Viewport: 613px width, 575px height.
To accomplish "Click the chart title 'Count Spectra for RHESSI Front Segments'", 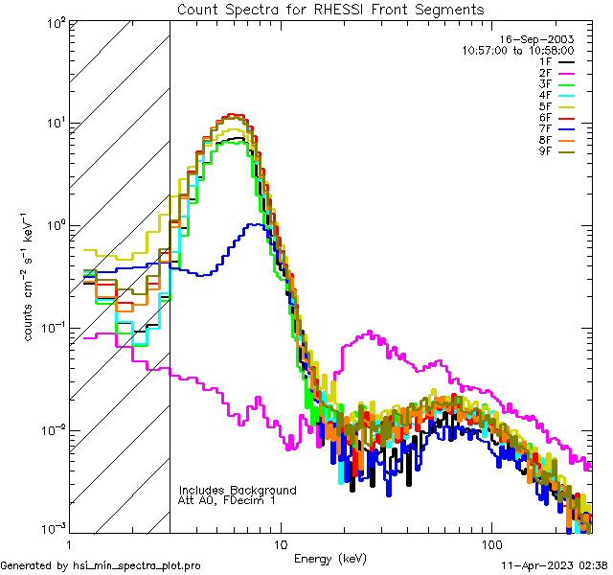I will point(330,9).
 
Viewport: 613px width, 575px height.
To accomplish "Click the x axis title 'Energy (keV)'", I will point(330,559).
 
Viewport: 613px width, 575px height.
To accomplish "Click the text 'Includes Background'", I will point(237,490).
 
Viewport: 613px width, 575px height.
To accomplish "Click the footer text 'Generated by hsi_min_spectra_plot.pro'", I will point(102,565).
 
